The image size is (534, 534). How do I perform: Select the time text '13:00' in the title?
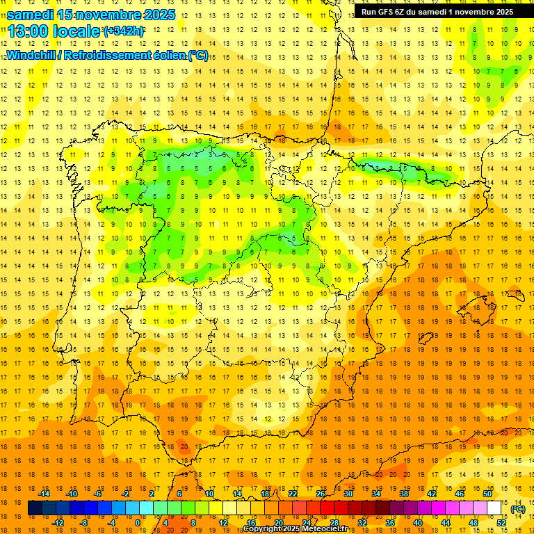point(32,31)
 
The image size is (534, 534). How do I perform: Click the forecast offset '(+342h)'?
point(123,31)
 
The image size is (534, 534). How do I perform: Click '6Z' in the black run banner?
point(403,12)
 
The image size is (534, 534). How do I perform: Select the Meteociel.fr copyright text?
point(295,529)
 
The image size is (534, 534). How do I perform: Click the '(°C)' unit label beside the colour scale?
point(517,509)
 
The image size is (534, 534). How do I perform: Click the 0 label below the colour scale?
point(138,523)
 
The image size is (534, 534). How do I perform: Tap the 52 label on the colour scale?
point(501,523)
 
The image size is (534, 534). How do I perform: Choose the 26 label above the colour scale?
point(321,494)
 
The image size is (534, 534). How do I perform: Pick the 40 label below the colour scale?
point(418,523)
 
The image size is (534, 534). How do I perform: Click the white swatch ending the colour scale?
point(494,508)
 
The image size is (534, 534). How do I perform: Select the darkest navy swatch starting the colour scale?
point(35,508)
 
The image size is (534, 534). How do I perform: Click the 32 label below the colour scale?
point(362,523)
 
